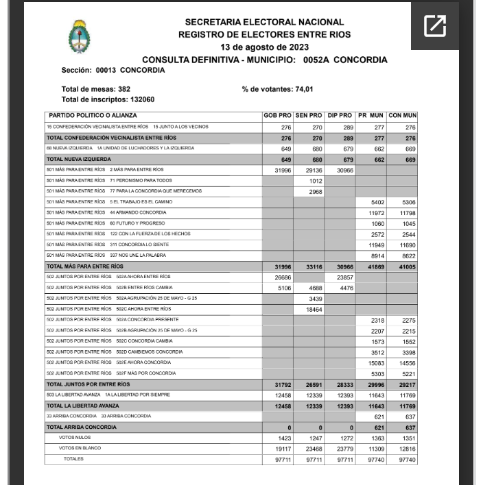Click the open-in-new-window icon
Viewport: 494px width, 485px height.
[x=435, y=26]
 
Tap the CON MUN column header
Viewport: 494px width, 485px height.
[x=402, y=116]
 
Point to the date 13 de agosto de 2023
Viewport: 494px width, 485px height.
[x=264, y=47]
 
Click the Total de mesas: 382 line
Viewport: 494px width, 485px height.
[x=96, y=89]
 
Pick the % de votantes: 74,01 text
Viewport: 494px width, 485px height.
[x=277, y=89]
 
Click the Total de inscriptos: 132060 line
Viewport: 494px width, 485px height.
[x=108, y=99]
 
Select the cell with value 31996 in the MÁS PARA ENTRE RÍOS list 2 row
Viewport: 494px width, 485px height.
[x=283, y=170]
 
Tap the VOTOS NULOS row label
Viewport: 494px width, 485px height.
[x=75, y=438]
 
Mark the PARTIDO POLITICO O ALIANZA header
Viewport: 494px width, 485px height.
[x=93, y=116]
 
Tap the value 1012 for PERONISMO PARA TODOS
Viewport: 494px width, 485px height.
[x=315, y=181]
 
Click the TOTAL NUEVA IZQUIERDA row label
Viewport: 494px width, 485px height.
[x=73, y=159]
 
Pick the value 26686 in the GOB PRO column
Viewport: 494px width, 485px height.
[x=283, y=277]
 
